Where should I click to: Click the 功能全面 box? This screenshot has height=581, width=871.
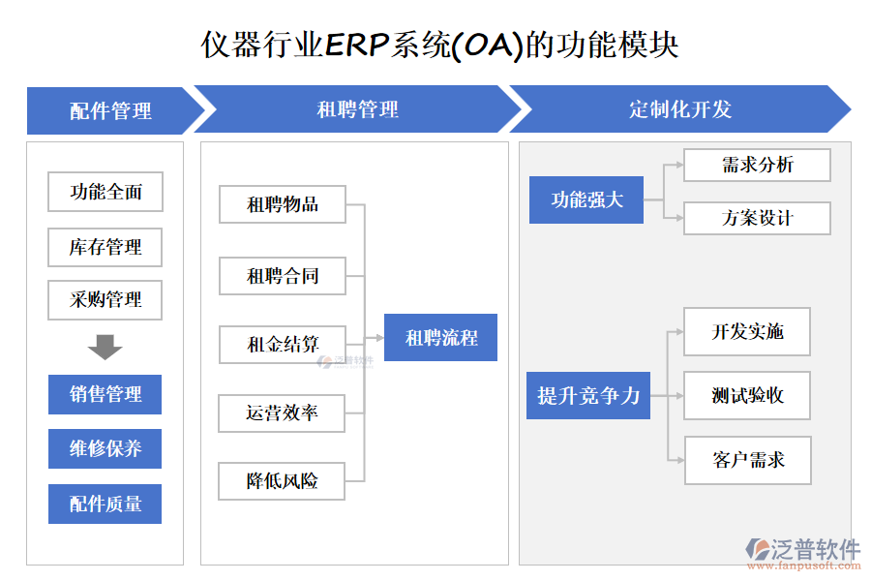105,192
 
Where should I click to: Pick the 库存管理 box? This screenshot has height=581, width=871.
105,247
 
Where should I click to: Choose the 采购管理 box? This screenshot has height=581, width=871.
105,300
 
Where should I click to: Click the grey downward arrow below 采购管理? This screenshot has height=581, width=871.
105,347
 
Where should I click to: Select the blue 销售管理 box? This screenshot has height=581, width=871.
105,394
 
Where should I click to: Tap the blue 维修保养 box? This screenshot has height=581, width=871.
105,448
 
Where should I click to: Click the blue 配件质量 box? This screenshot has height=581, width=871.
105,504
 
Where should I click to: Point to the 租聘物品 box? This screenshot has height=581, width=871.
283,204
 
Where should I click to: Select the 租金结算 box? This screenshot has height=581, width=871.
283,344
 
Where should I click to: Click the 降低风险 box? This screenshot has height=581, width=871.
283,481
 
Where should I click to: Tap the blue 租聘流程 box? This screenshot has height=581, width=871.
440,338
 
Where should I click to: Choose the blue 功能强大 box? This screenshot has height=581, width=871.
586,200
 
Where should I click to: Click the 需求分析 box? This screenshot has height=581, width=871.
757,165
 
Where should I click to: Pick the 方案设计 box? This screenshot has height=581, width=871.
757,218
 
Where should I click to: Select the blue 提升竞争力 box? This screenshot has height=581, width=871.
588,395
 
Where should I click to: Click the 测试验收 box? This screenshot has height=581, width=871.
747,395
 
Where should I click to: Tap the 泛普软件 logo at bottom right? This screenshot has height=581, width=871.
803,552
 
